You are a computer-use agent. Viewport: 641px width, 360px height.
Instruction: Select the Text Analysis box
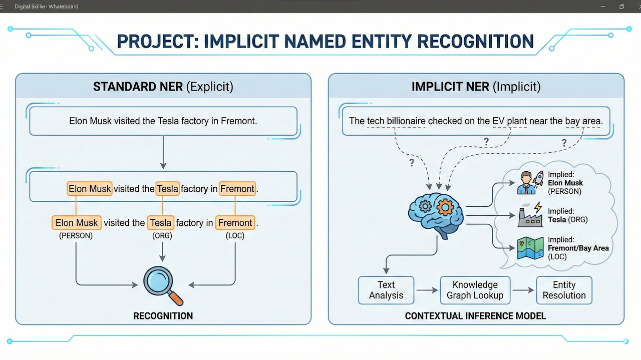pyautogui.click(x=386, y=290)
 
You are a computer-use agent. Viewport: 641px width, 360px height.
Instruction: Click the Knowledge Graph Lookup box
pyautogui.click(x=475, y=290)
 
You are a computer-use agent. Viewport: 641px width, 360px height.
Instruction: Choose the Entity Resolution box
pyautogui.click(x=564, y=290)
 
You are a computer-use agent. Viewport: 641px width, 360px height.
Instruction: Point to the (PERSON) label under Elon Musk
pyautogui.click(x=76, y=235)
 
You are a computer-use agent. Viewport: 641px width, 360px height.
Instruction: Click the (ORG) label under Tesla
pyautogui.click(x=162, y=235)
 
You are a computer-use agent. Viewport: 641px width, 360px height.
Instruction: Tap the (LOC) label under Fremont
pyautogui.click(x=235, y=235)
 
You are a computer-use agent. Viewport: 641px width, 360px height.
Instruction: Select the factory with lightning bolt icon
pyautogui.click(x=530, y=215)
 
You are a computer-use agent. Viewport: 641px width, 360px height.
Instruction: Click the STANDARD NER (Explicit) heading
pyautogui.click(x=163, y=87)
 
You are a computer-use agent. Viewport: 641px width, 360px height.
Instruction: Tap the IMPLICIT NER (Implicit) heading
pyautogui.click(x=476, y=87)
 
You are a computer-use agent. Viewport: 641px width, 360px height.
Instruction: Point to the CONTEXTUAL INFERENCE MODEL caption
pyautogui.click(x=475, y=316)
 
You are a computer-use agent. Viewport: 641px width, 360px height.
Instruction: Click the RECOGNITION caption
pyautogui.click(x=163, y=316)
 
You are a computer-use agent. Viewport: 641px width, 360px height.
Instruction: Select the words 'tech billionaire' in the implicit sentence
pyautogui.click(x=396, y=121)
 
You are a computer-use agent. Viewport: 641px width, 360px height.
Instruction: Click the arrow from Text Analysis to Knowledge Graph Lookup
pyautogui.click(x=427, y=290)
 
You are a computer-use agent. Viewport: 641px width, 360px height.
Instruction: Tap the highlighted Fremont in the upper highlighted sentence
pyautogui.click(x=237, y=189)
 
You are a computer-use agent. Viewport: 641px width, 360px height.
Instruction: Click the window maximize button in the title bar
pyautogui.click(x=621, y=7)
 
